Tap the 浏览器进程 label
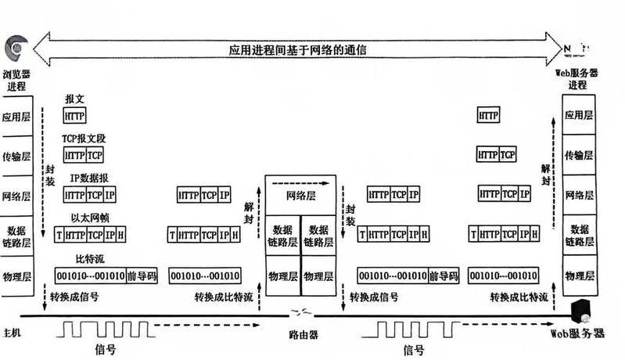[16, 80]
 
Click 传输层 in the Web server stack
[578, 155]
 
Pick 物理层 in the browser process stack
[16, 275]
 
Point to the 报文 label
[75, 101]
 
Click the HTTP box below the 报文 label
[75, 116]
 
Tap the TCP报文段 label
[84, 138]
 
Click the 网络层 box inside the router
[305, 196]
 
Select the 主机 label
[15, 333]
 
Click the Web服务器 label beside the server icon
[580, 333]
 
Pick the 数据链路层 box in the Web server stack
[578, 236]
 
